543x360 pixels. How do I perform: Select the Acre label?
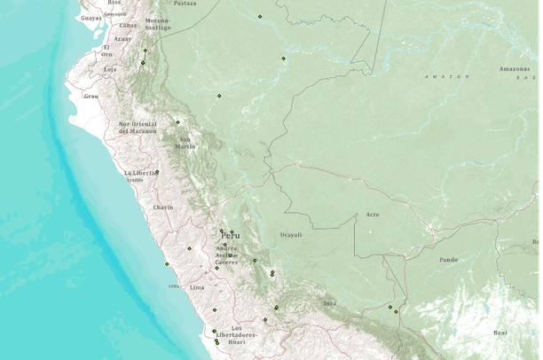coord(373,215)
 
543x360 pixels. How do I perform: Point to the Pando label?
coord(448,260)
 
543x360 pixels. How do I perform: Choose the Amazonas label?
coord(514,68)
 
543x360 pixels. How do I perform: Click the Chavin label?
coord(163,207)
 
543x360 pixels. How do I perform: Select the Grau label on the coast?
coord(90,95)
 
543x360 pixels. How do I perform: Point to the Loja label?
coord(110,68)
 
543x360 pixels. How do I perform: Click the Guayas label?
coord(90,18)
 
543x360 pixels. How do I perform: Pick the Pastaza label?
coord(185,4)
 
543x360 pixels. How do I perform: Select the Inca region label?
coord(329,303)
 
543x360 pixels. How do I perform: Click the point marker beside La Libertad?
coord(158,171)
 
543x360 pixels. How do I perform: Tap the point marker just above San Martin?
coord(177,121)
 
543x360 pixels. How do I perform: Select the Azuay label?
coord(123,39)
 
